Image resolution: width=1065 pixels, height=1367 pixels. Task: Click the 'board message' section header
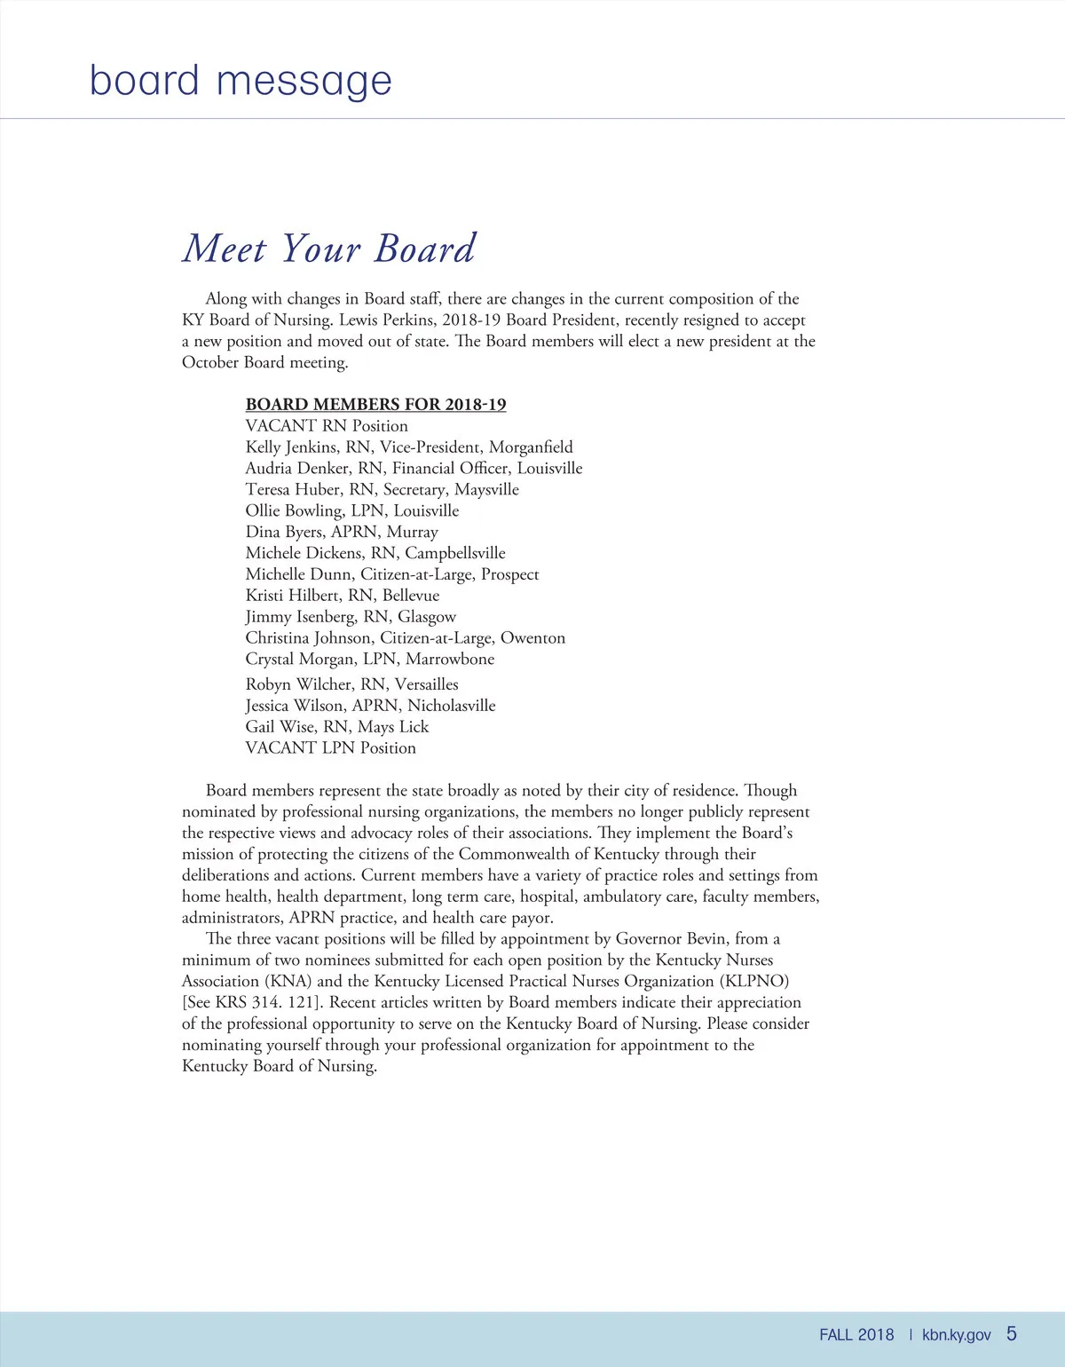(241, 81)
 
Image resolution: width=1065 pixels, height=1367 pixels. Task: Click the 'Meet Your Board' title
(329, 249)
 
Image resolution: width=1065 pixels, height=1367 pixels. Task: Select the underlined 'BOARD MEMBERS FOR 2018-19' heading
(375, 405)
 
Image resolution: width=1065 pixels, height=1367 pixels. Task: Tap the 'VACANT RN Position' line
(327, 426)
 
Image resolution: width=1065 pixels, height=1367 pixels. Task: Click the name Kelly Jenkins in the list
(292, 447)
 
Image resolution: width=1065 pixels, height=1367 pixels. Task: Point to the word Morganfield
(531, 447)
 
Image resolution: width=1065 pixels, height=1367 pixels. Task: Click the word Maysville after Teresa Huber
(486, 490)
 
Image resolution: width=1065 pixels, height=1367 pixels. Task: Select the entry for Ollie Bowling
(294, 511)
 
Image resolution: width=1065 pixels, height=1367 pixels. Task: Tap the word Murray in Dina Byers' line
(412, 532)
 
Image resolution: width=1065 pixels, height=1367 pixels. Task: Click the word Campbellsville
(455, 553)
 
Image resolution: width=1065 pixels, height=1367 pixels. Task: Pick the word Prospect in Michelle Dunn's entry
(509, 574)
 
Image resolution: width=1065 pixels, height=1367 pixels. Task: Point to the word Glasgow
(427, 617)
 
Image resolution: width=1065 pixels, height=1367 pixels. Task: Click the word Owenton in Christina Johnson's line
(532, 638)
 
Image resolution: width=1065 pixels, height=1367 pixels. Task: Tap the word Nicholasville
(451, 706)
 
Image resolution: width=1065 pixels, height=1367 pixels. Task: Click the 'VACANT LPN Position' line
(330, 748)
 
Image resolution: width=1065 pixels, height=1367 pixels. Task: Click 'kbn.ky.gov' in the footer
(957, 1335)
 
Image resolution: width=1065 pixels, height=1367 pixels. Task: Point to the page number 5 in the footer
(1012, 1334)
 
